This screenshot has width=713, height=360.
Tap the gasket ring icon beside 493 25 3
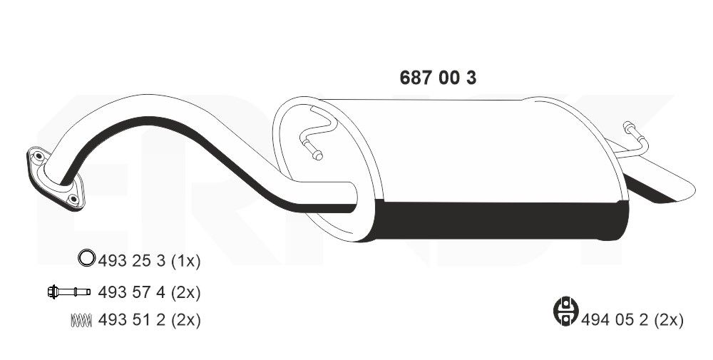click(x=86, y=260)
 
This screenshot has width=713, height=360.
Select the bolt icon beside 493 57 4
click(x=68, y=292)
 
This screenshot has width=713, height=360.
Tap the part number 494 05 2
click(x=615, y=320)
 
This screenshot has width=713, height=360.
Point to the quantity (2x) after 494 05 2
click(x=669, y=320)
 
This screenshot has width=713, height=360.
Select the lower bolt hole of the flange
click(x=73, y=200)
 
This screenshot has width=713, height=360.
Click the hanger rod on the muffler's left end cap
click(x=314, y=135)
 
